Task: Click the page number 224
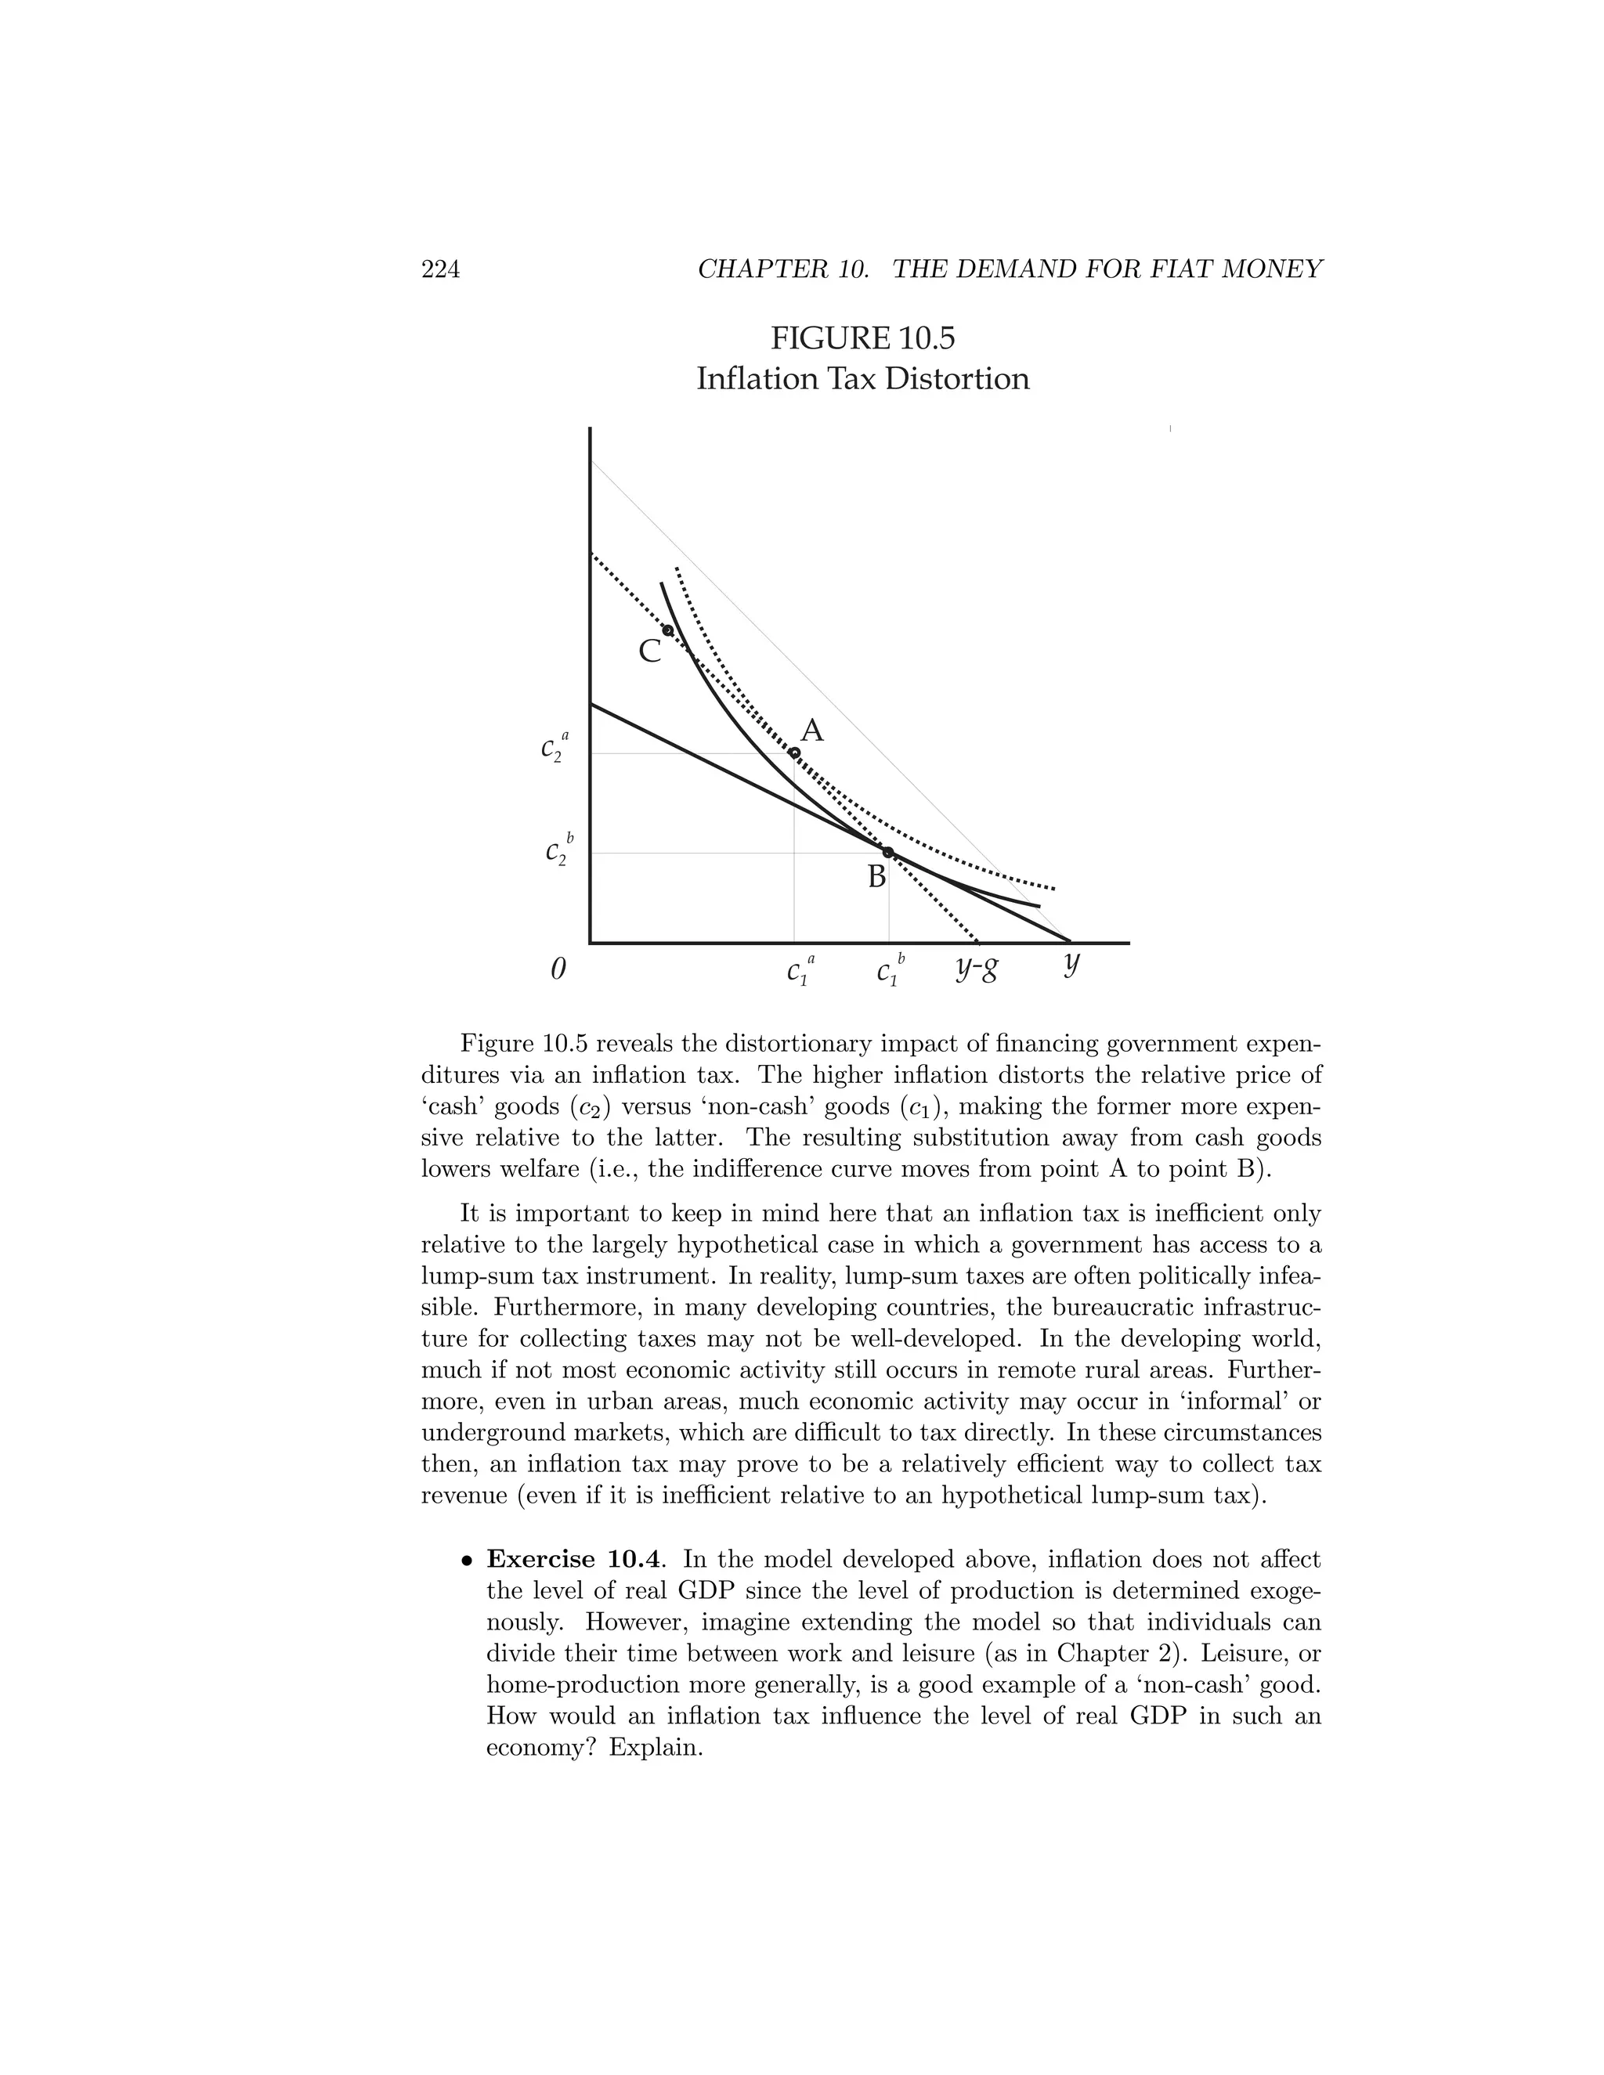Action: coord(440,270)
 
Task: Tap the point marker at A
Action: coord(794,753)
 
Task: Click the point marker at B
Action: coord(887,852)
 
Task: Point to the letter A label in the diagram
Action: coord(811,731)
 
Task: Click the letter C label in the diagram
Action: coord(649,651)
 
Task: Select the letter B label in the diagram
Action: coord(876,877)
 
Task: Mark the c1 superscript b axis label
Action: coord(891,971)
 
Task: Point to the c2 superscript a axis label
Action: coord(554,748)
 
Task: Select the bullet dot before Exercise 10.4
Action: coord(466,1561)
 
